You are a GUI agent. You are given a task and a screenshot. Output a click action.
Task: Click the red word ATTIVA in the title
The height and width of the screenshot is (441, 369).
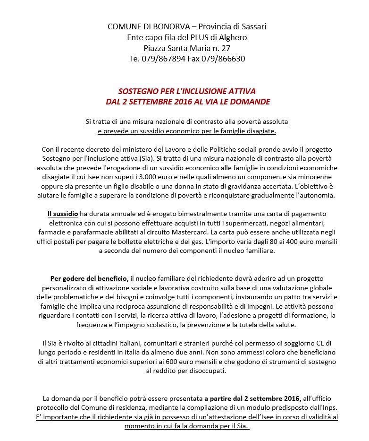pyautogui.click(x=235, y=91)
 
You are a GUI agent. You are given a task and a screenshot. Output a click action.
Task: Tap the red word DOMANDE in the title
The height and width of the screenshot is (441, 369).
pyautogui.click(x=251, y=102)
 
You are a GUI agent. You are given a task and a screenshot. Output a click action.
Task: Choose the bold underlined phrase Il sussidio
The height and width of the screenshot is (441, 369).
pyautogui.click(x=62, y=214)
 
